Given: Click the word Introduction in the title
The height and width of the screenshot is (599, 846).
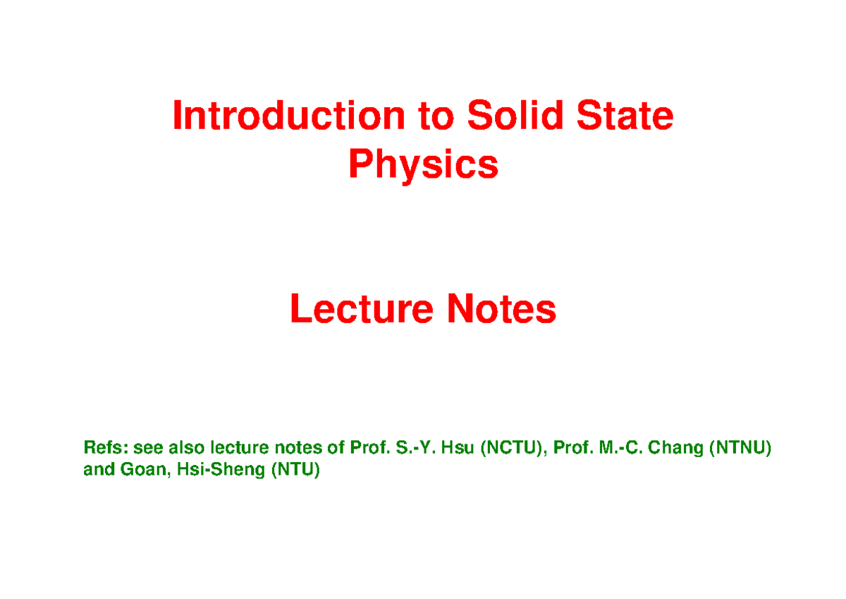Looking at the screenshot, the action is tap(289, 115).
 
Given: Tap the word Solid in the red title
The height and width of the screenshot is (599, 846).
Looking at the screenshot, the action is tap(515, 114).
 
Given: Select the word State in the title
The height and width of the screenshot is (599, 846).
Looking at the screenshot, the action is tap(625, 115).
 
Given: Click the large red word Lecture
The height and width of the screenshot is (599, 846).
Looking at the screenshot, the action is tap(362, 309).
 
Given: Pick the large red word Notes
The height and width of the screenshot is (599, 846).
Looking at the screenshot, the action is tap(501, 309).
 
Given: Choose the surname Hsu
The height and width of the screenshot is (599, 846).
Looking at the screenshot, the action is tap(458, 447).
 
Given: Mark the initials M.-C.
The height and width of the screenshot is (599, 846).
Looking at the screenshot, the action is tap(621, 447).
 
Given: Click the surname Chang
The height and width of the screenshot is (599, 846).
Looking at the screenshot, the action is tap(675, 449).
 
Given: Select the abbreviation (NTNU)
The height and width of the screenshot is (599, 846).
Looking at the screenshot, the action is tap(740, 448).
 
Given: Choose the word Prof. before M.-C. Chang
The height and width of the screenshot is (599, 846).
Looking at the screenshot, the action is tap(573, 447).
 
